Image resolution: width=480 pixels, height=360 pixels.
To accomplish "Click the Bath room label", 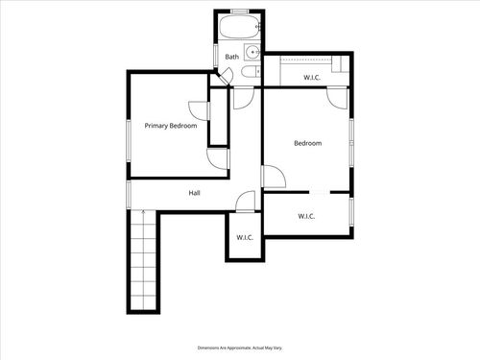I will pos(231,57).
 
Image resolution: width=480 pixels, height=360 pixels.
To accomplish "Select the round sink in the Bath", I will pos(251,53).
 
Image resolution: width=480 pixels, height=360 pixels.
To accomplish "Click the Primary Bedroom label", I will pos(171,126).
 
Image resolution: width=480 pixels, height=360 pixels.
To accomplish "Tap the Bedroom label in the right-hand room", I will pos(307,143).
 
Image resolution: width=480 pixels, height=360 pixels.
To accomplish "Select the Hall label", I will pos(194,193).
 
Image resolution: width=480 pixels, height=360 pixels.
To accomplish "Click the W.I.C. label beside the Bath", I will pos(311,77).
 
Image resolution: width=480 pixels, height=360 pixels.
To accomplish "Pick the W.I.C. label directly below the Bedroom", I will pos(306,216).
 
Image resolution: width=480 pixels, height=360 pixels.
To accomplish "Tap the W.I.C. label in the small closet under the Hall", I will pos(243,237).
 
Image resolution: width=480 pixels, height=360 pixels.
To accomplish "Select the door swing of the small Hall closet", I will pos(247,202).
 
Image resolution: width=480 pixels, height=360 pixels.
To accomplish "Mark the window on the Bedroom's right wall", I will pos(353,134).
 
